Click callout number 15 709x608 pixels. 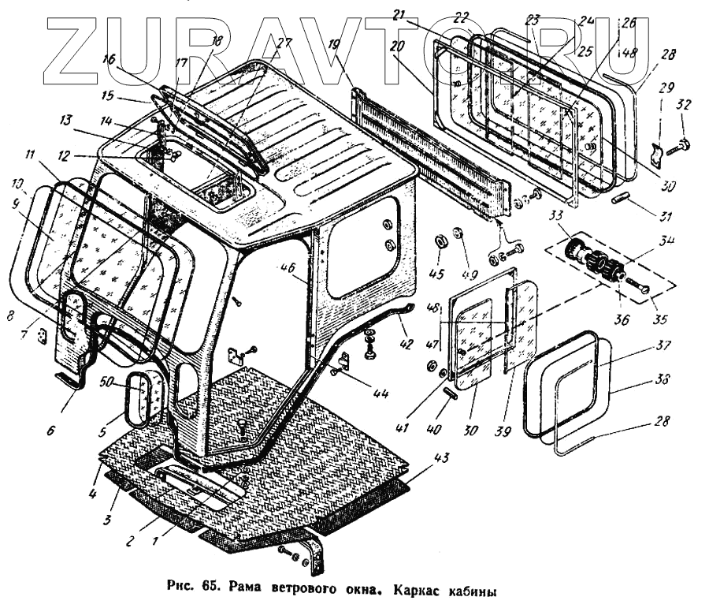tap(107, 96)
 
